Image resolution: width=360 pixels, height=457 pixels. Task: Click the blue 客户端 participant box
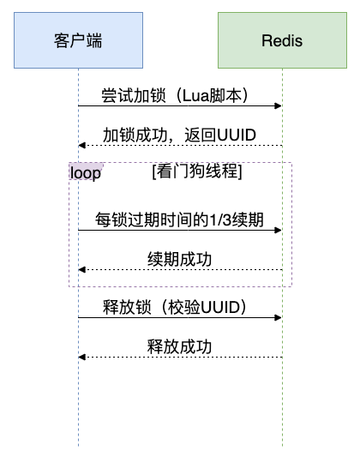pos(78,40)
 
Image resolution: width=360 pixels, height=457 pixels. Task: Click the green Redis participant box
pos(282,40)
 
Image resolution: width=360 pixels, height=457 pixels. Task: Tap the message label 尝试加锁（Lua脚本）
pos(175,95)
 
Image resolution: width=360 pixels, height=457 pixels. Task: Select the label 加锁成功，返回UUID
pos(179,135)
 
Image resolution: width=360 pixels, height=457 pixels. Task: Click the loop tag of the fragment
pos(86,171)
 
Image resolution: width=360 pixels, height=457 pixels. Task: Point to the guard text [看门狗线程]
pos(197,171)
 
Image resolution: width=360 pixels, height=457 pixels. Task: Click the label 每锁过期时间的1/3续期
pos(179,219)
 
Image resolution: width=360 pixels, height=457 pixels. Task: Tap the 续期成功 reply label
pos(179,259)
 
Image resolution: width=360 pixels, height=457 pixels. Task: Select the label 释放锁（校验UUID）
pos(175,307)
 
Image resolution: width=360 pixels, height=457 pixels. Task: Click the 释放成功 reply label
pos(179,346)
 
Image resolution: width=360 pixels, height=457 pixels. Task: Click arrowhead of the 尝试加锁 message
pos(279,105)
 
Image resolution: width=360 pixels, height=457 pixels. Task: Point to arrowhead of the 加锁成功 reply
pos(82,145)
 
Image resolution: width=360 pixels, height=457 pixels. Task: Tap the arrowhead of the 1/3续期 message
pos(279,231)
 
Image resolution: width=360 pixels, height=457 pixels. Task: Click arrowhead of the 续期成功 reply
pos(82,269)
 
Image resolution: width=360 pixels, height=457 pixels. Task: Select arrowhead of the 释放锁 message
pos(279,317)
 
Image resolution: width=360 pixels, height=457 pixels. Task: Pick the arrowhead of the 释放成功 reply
pos(82,357)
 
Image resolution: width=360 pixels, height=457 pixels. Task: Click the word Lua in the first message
pos(195,95)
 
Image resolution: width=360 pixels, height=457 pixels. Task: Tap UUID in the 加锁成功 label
pos(237,135)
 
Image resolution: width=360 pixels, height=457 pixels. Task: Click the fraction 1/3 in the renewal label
pos(220,220)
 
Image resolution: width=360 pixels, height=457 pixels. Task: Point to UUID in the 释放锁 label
pos(220,307)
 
